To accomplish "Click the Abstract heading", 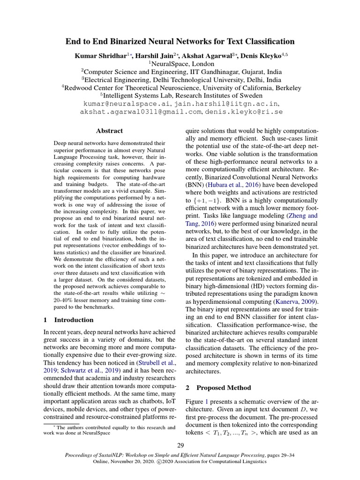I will [x=109, y=131].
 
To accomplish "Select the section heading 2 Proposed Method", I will [x=218, y=388].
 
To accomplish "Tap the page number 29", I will [x=180, y=445].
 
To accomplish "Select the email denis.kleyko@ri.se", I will [x=242, y=112].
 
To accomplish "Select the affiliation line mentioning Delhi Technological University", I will [x=180, y=79].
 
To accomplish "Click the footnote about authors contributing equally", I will [x=109, y=430].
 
